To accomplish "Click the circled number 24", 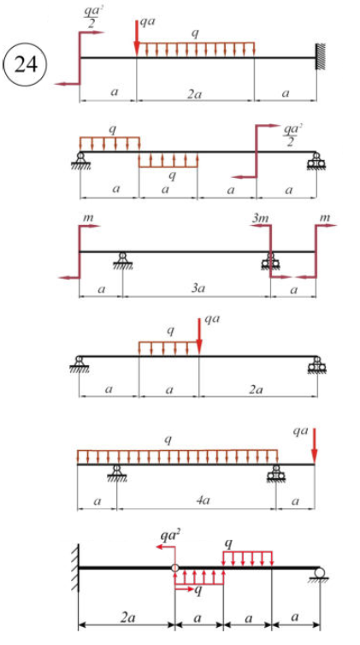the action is (x=25, y=65).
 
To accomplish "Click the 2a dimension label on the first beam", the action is (x=195, y=93).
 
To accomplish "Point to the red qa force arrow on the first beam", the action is (x=136, y=37).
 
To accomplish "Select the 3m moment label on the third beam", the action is (x=260, y=217).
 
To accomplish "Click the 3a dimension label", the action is (x=198, y=288).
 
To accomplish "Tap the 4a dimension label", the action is (x=196, y=501).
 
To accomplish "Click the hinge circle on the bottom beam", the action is (x=174, y=568).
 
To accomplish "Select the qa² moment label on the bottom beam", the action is (x=172, y=536).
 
